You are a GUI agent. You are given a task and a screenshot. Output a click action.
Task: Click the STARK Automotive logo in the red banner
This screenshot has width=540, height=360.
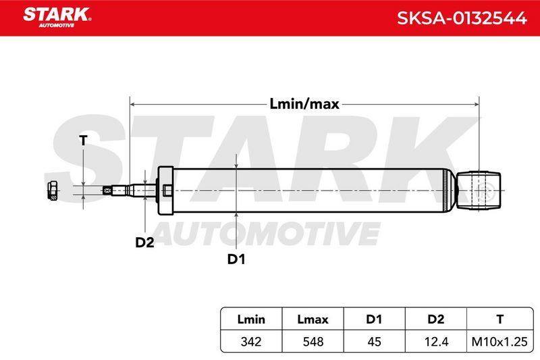pos(57,18)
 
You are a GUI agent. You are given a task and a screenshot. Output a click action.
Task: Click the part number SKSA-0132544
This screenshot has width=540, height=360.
pos(462,18)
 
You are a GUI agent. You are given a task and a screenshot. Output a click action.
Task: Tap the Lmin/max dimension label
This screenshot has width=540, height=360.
pos(304,104)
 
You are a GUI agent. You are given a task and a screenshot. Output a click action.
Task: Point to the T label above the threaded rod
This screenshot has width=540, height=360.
pos(83,140)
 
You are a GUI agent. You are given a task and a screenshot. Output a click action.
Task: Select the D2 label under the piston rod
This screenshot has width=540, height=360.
pos(144,242)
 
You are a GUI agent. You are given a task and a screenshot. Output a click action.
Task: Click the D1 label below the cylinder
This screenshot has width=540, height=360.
pos(236,259)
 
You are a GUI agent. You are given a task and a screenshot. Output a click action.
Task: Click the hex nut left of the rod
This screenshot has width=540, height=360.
pos(52,190)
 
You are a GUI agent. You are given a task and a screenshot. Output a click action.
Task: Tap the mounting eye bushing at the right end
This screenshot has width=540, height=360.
pos(479,190)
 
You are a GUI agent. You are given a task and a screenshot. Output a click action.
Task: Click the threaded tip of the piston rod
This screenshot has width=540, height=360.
pos(108,190)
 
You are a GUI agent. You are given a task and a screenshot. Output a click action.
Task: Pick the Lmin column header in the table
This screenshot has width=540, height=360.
pos(251,319)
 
